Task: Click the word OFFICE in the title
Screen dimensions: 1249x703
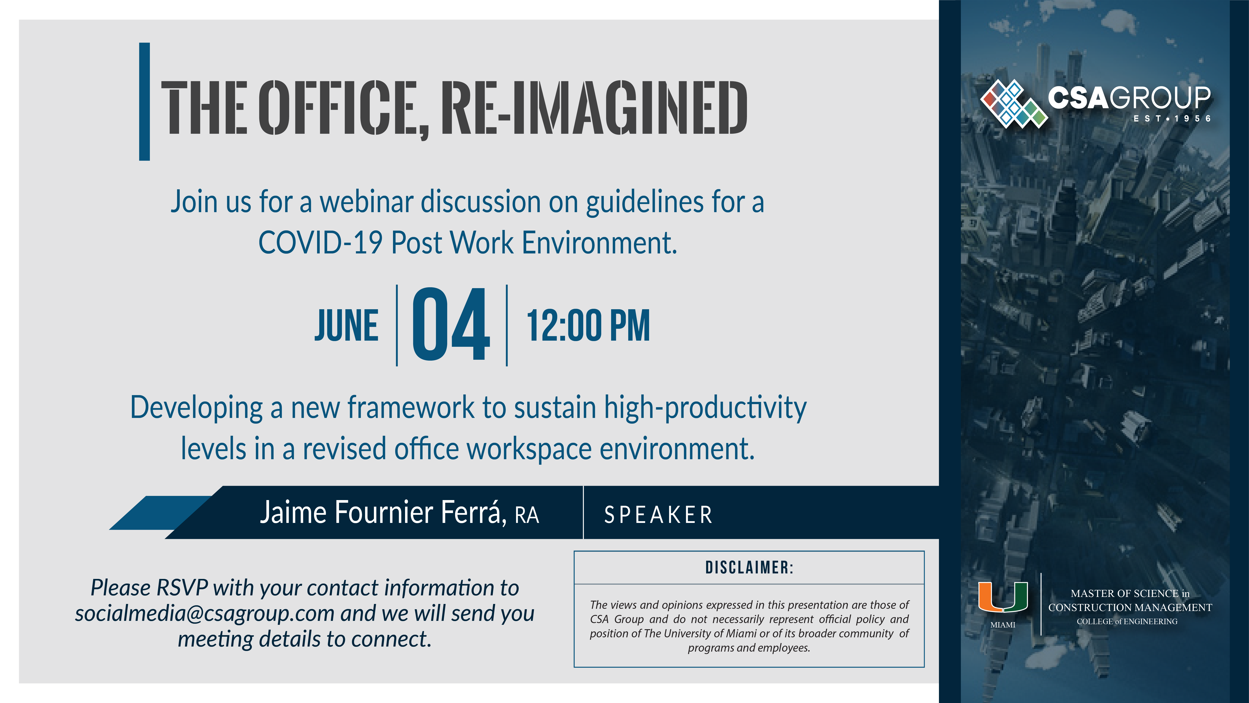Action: click(343, 108)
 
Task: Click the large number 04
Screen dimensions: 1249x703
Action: click(451, 324)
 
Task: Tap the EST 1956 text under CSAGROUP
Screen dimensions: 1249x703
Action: click(1172, 118)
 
